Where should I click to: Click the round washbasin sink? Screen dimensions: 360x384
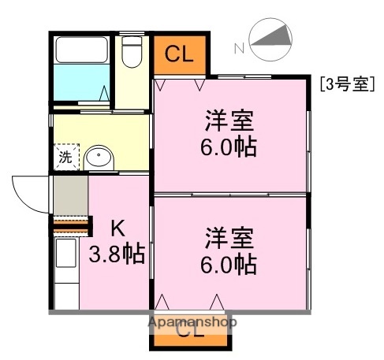(x=99, y=158)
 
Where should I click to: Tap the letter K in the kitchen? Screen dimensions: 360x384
(x=117, y=228)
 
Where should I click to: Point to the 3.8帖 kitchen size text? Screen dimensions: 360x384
(x=117, y=254)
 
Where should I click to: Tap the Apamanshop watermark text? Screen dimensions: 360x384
(x=192, y=321)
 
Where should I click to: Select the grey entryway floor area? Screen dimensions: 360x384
(x=70, y=196)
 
